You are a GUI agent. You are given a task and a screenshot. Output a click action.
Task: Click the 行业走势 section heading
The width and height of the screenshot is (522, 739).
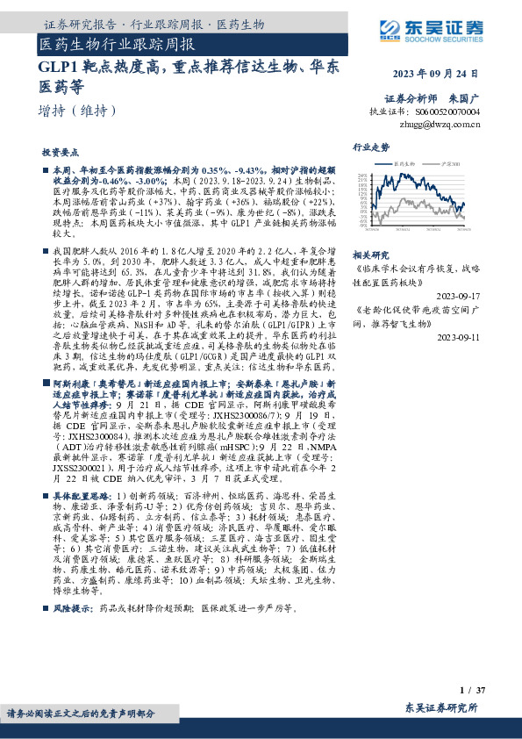370,147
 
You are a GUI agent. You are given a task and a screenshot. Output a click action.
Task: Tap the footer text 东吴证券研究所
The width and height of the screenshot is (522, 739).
441,707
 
